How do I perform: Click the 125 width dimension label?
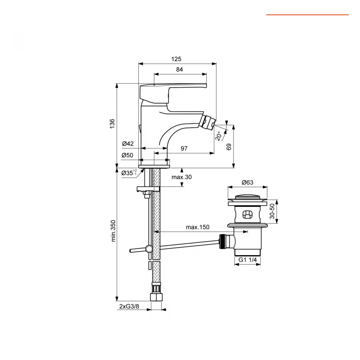[x=176, y=59]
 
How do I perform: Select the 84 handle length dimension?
[x=179, y=70]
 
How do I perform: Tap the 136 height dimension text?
[x=112, y=124]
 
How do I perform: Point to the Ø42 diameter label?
[x=128, y=144]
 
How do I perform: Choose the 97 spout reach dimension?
[x=184, y=148]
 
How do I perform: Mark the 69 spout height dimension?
[x=229, y=146]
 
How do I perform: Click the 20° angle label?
[x=218, y=136]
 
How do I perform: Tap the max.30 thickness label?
[x=182, y=177]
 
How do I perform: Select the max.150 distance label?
[x=198, y=227]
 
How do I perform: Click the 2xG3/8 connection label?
[x=129, y=306]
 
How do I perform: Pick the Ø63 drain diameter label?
[x=247, y=182]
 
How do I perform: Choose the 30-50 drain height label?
[x=272, y=211]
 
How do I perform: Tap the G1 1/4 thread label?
[x=248, y=260]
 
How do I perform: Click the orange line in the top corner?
[x=307, y=15]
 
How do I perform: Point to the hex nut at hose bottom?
[x=156, y=297]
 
